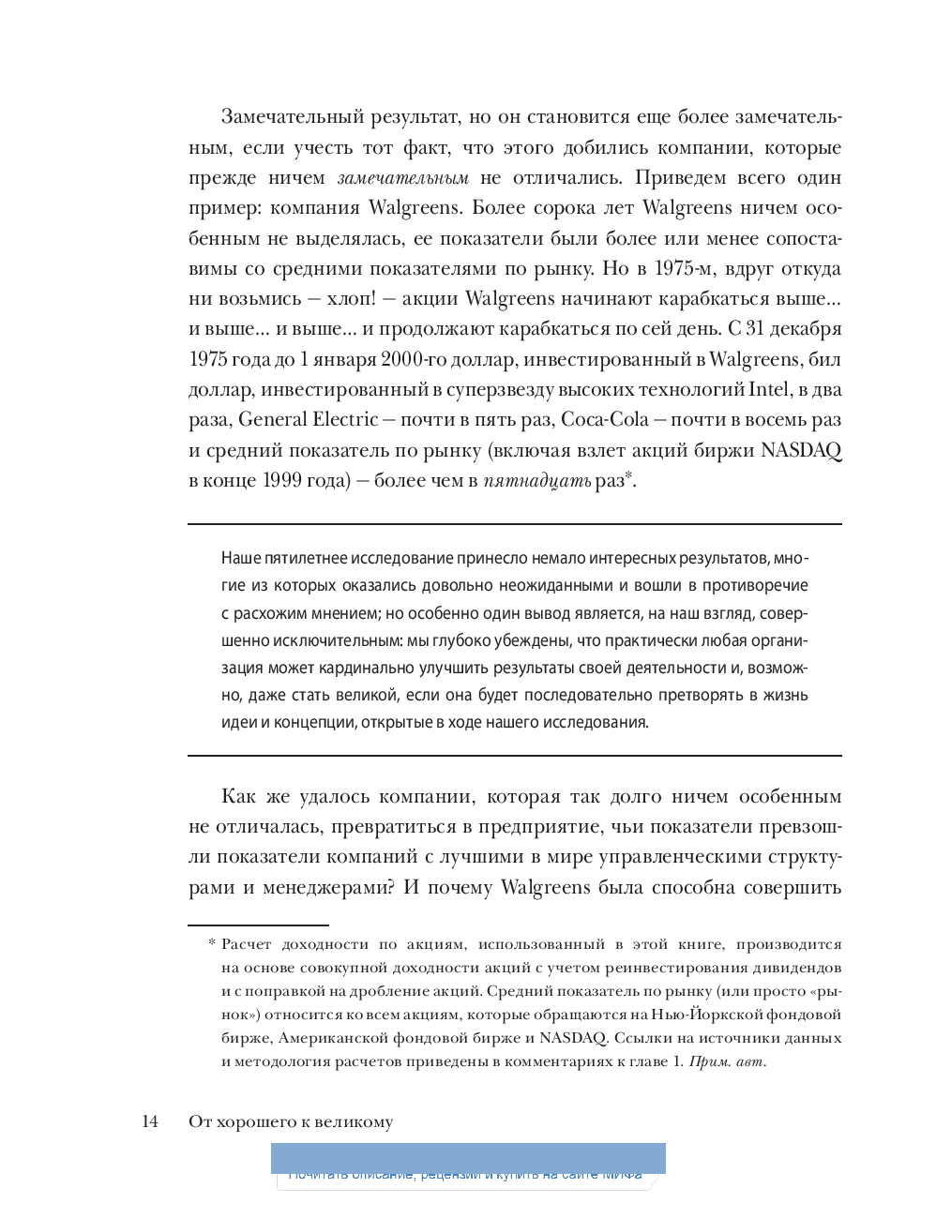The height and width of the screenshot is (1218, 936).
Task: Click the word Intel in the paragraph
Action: click(768, 389)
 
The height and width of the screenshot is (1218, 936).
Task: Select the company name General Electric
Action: click(309, 419)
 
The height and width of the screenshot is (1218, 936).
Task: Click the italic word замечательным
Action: click(403, 177)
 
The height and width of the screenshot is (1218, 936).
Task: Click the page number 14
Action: click(150, 1121)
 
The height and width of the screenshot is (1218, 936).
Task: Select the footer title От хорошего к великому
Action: click(291, 1121)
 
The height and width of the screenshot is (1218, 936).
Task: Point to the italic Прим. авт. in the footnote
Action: click(728, 1061)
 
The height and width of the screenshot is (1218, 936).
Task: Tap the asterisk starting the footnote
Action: click(212, 944)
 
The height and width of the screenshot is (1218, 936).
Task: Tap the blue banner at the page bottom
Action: click(468, 1159)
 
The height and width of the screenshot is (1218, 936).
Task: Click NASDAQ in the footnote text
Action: click(573, 1037)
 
